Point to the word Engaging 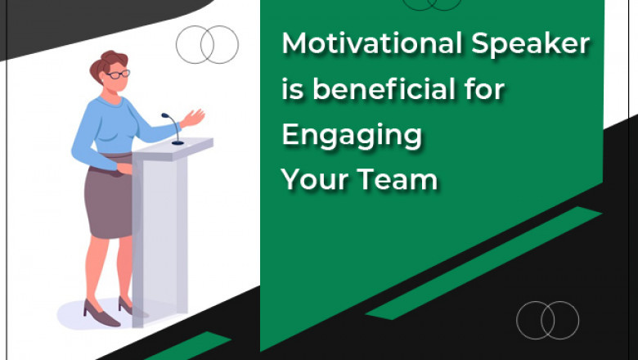(x=352, y=135)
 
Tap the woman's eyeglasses (x=119, y=74)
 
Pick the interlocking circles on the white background (x=207, y=44)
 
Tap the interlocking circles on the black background (x=547, y=320)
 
